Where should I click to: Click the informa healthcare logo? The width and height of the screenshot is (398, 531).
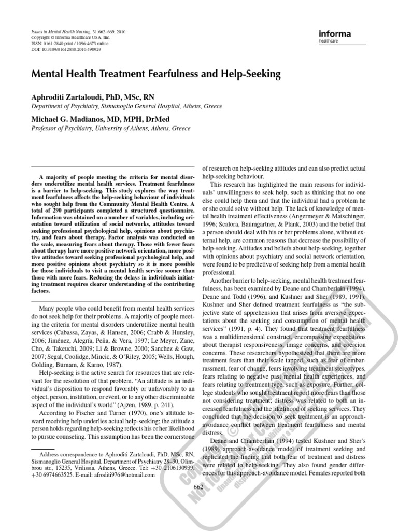(x=335, y=36)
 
